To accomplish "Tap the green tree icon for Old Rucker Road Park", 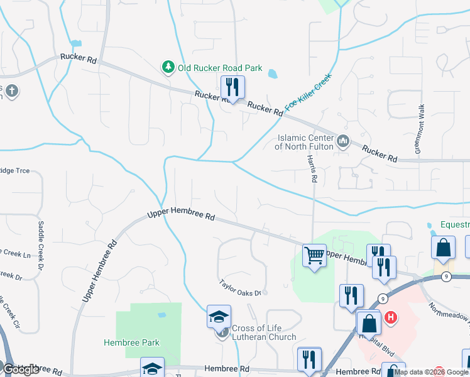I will pos(168,67).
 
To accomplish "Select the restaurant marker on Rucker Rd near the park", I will pos(232,87).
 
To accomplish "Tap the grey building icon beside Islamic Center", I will pos(342,141).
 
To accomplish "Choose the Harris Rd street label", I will pos(311,168).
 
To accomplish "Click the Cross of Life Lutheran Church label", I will pos(264,332).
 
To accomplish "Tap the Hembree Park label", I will pos(131,342).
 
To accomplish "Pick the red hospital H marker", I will pos(391,318).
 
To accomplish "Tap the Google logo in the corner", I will pos(21,369).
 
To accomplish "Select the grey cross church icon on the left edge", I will pos(11,92).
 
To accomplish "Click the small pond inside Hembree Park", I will pos(161,314).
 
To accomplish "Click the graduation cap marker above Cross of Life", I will pos(219,317).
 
